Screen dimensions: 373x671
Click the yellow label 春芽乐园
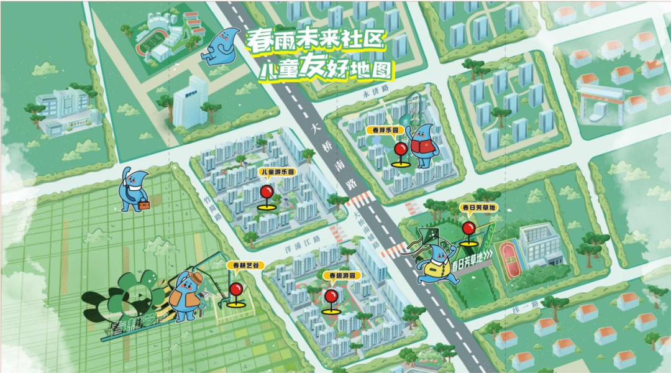tap(385, 131)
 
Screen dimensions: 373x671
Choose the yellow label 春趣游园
tap(340, 275)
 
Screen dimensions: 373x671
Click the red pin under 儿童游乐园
tap(267, 192)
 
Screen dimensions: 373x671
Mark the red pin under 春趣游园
tap(331, 297)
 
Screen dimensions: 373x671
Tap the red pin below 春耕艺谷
tap(236, 290)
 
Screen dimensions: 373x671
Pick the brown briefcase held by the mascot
tap(144, 204)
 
